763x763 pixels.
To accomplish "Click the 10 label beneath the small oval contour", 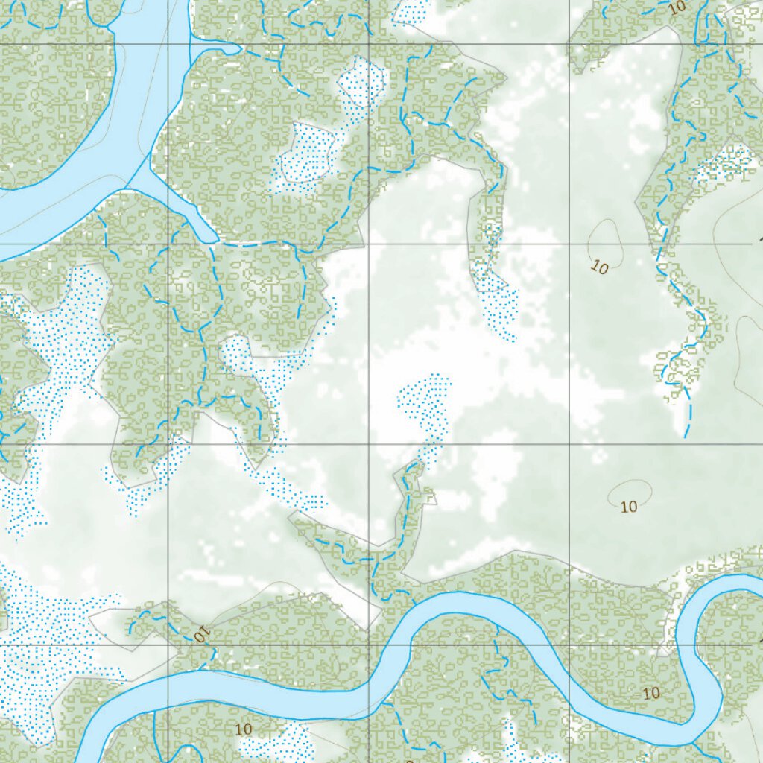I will [x=629, y=507].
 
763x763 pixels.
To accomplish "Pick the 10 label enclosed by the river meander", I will [x=651, y=693].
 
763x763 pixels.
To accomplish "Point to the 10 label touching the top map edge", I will [x=677, y=8].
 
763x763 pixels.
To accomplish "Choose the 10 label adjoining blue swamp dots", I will [x=243, y=728].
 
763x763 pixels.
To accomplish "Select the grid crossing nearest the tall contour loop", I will [x=570, y=244].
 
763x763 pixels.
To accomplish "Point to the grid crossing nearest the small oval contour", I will [x=570, y=444].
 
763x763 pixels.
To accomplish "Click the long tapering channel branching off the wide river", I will [x=179, y=201].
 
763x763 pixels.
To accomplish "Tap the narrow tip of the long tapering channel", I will [x=217, y=240].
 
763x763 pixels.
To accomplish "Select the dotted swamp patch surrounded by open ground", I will [x=425, y=406].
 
